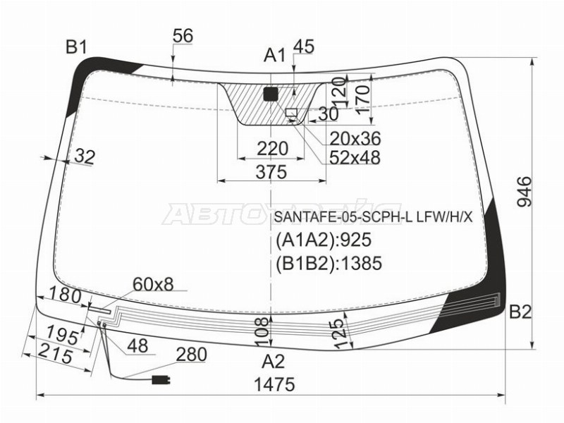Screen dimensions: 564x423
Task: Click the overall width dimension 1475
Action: click(x=274, y=384)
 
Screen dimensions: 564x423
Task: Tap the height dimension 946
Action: click(x=524, y=191)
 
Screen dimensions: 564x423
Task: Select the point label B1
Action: click(x=76, y=47)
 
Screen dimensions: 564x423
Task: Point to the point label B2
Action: click(x=520, y=312)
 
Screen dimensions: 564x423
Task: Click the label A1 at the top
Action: click(x=274, y=56)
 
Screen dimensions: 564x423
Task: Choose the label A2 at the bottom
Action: click(x=274, y=361)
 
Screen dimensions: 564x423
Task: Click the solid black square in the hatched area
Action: click(x=271, y=94)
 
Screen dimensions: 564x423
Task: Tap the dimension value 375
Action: click(x=271, y=172)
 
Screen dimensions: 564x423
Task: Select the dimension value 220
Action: click(x=272, y=149)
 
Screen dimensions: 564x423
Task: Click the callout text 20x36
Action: click(x=355, y=138)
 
